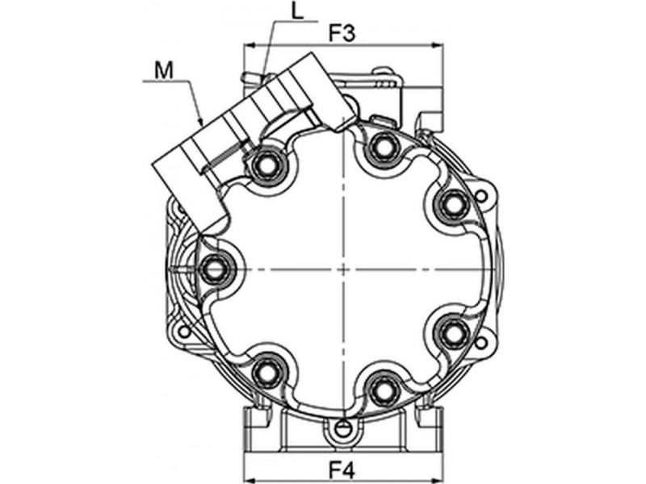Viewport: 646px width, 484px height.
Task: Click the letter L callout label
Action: pyautogui.click(x=297, y=12)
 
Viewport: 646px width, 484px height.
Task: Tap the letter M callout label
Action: pyautogui.click(x=164, y=70)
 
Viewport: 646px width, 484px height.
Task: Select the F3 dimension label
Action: pyautogui.click(x=342, y=34)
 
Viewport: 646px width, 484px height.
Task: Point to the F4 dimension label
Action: pyautogui.click(x=342, y=469)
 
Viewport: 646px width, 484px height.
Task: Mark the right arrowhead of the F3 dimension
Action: pyautogui.click(x=437, y=45)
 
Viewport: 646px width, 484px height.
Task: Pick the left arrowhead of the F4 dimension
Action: pyautogui.click(x=250, y=480)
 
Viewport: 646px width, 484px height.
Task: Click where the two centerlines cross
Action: pyautogui.click(x=342, y=269)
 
